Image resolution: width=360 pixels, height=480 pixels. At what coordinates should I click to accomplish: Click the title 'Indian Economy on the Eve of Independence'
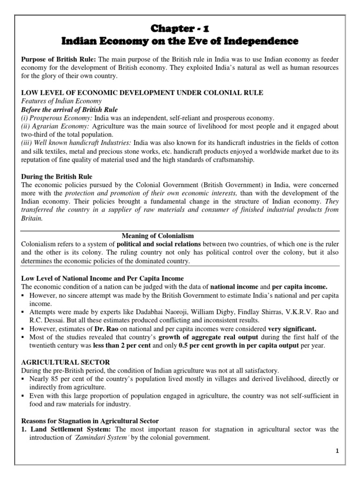pos(180,42)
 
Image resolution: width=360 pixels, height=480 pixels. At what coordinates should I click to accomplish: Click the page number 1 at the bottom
pos(337,450)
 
